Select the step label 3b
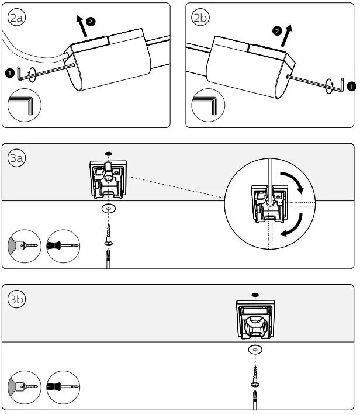17,300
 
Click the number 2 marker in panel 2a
89,21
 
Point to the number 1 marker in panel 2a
9,73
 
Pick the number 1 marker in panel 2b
350,87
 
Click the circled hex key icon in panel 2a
24,107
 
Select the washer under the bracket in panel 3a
108,209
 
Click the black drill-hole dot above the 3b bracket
255,295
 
